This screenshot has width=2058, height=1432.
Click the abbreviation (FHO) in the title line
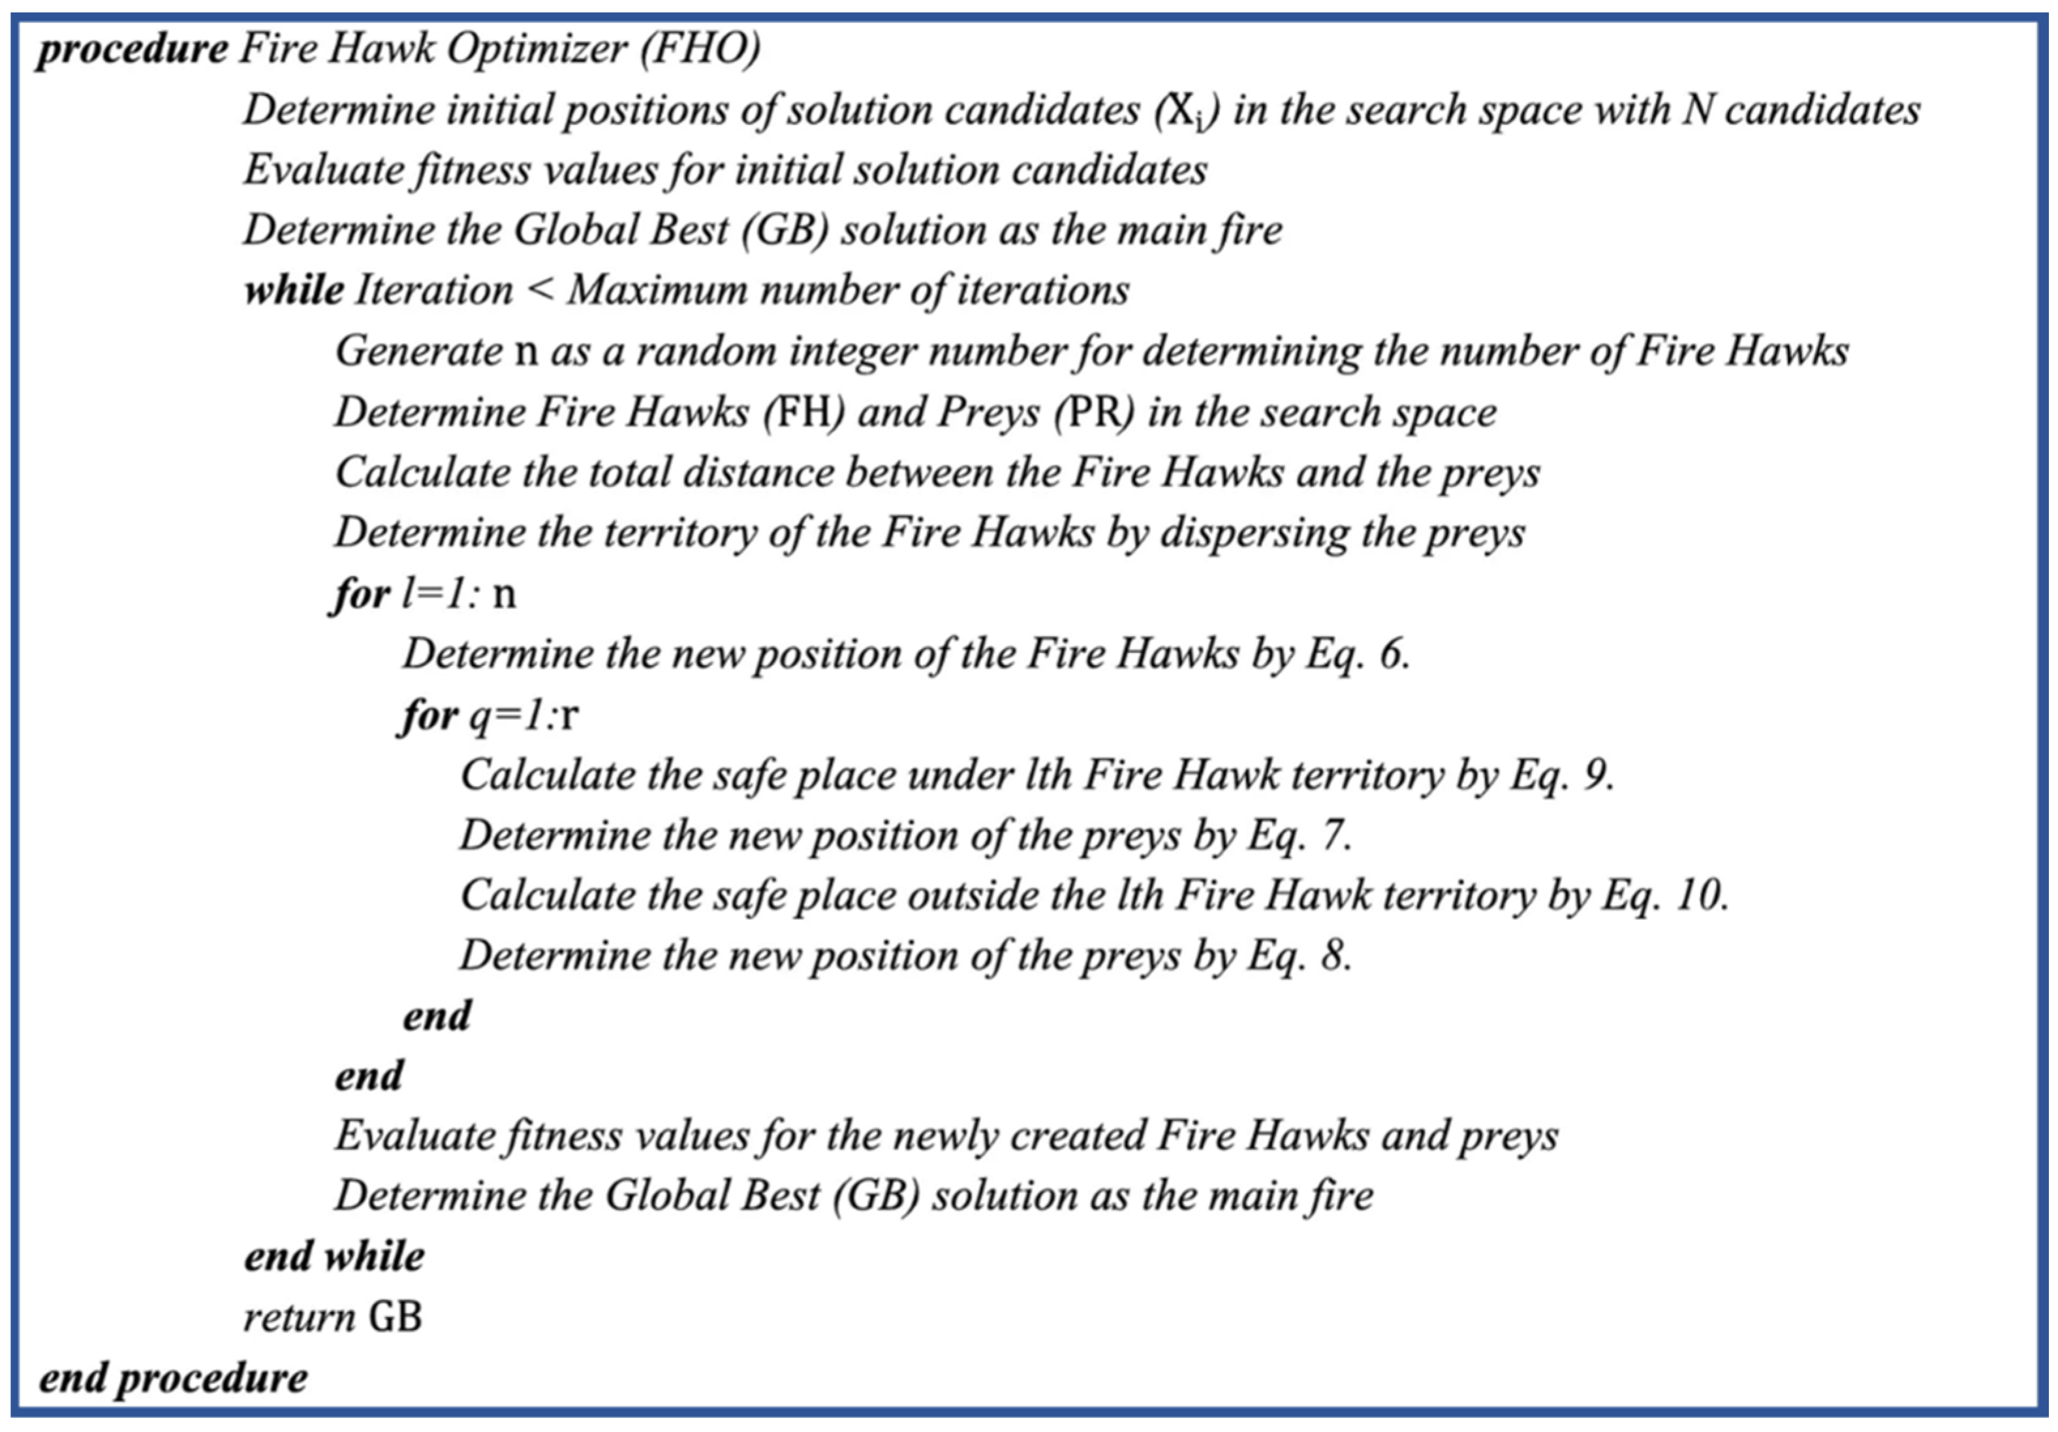tap(700, 48)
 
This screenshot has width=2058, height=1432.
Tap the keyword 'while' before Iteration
tap(294, 291)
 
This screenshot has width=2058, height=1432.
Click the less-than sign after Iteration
tap(541, 291)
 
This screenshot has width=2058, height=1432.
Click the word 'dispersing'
tap(1255, 533)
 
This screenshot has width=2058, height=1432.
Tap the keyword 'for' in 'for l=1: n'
tap(360, 594)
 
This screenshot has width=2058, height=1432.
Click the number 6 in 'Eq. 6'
tap(1392, 654)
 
